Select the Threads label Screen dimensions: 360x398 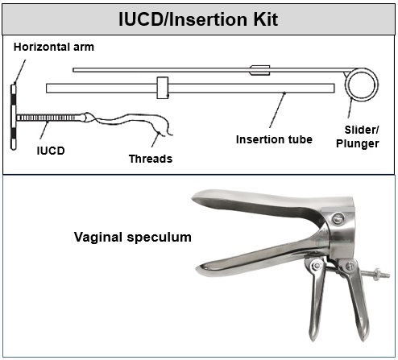(x=151, y=159)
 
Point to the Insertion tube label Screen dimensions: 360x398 (x=274, y=139)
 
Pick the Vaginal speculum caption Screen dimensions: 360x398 (x=132, y=238)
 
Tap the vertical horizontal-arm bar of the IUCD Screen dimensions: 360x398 (x=14, y=118)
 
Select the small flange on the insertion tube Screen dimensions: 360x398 (x=162, y=87)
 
